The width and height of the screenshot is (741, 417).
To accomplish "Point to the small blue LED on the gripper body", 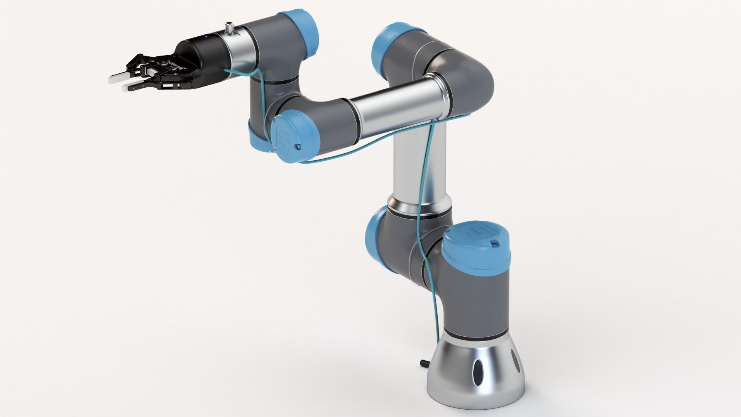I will point(206,37).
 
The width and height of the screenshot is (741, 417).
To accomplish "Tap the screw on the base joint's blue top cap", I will point(494,244).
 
